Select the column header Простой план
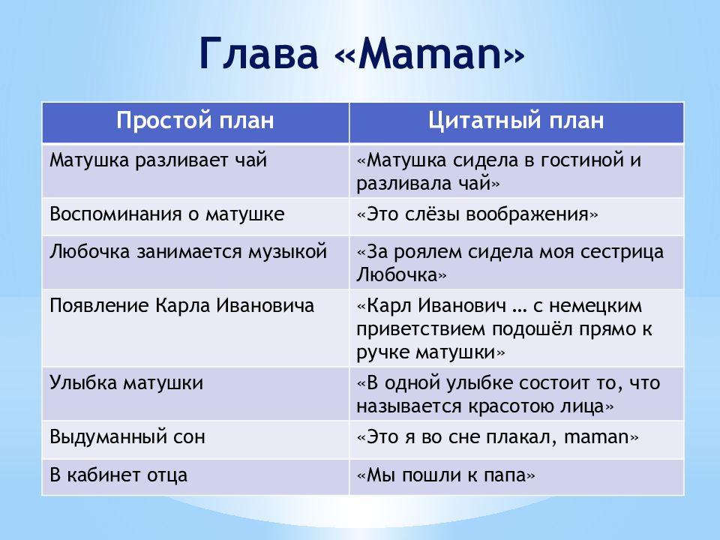[x=195, y=120]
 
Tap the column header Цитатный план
[x=516, y=120]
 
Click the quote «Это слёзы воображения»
[x=478, y=214]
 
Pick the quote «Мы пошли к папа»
[x=445, y=475]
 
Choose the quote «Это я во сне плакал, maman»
[x=498, y=436]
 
